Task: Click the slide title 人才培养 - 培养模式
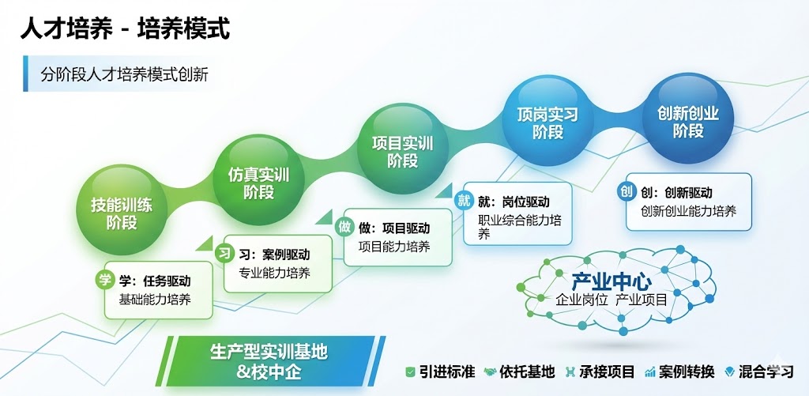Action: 125,29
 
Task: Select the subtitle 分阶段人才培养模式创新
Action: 124,75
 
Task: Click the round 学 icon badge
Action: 105,281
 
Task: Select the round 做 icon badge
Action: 344,227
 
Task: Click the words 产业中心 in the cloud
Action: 611,281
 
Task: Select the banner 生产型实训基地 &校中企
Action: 270,361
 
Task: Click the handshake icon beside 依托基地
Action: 490,371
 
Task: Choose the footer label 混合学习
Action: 766,371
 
